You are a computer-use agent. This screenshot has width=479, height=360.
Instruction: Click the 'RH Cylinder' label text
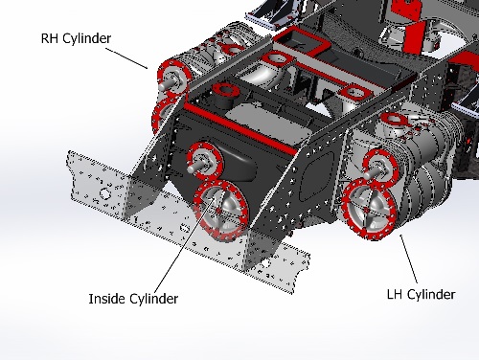[x=75, y=38]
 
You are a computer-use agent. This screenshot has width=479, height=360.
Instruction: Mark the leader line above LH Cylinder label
[x=409, y=259]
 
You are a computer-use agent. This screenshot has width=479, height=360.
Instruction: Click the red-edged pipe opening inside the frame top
[x=227, y=93]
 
